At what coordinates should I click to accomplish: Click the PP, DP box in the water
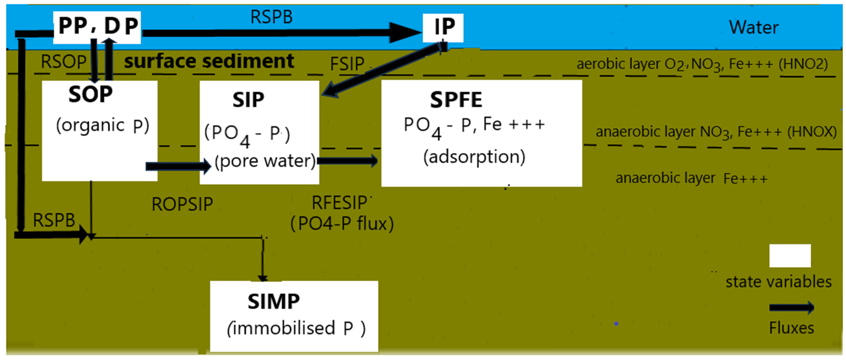pos(97,27)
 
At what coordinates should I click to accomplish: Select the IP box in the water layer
pos(443,28)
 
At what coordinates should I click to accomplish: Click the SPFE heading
pos(456,100)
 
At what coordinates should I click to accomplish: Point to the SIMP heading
pos(273,302)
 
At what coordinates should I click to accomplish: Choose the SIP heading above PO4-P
pos(248,100)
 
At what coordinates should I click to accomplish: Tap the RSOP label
pos(63,62)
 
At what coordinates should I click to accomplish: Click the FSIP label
pos(347,64)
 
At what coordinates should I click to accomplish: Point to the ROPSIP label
pos(182,204)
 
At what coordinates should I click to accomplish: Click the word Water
pos(753,27)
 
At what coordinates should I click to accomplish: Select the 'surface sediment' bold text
pos(209,61)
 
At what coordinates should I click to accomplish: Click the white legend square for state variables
pos(790,256)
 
